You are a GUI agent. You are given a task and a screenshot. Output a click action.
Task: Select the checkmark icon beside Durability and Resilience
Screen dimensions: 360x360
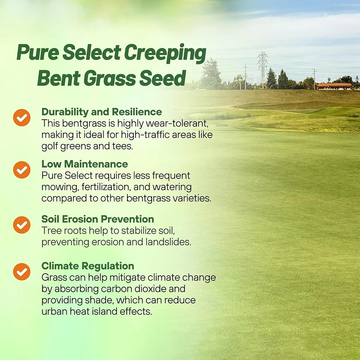coord(22,118)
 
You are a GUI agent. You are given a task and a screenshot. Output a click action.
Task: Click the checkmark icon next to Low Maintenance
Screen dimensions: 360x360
coord(22,170)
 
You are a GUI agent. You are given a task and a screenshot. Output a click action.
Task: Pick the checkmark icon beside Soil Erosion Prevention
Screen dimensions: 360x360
coord(22,225)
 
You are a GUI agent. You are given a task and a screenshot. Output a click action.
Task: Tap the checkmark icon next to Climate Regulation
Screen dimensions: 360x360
coord(22,272)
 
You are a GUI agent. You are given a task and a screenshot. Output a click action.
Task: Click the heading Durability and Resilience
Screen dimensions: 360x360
coord(102,112)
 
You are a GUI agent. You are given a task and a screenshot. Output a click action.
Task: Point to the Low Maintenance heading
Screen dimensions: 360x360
coord(85,164)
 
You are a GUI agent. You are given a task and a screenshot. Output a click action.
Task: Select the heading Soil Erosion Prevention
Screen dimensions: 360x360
coord(98,219)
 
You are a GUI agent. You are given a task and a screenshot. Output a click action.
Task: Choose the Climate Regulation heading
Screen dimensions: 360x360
coord(88,266)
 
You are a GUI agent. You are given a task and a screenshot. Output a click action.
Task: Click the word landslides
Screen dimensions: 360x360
coord(168,242)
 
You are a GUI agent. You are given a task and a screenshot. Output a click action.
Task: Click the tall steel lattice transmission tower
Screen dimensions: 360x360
coord(263,70)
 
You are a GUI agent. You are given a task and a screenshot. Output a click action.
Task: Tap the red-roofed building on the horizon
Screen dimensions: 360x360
coord(334,86)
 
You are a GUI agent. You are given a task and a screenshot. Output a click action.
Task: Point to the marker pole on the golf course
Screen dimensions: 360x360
coord(237,104)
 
